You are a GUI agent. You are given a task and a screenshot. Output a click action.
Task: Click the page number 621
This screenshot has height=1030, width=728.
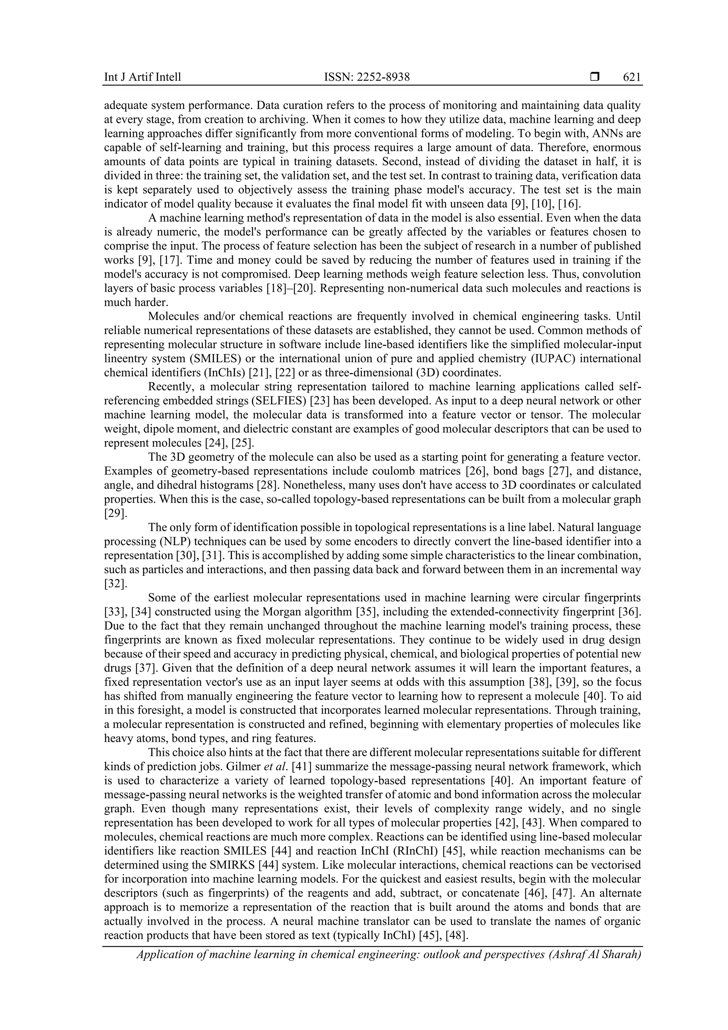pos(632,77)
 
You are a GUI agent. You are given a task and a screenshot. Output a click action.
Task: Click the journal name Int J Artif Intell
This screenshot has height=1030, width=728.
pos(142,77)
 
